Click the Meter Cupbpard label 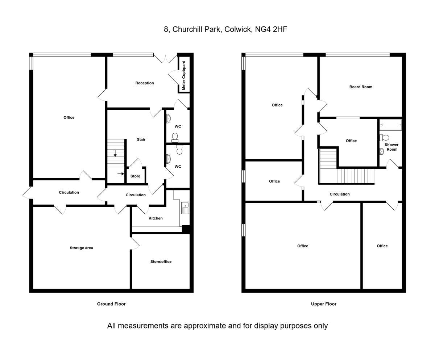click(x=183, y=75)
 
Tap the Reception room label click(x=145, y=83)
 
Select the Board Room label click(x=361, y=87)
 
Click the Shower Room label click(x=391, y=147)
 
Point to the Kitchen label click(x=156, y=218)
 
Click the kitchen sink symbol click(x=185, y=208)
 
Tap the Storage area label click(x=81, y=248)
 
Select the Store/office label click(x=161, y=262)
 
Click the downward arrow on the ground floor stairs click(x=115, y=154)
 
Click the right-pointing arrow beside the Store click(x=121, y=173)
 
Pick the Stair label click(x=141, y=139)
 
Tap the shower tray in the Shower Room click(x=391, y=125)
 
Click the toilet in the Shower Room click(x=384, y=138)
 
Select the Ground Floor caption click(x=111, y=304)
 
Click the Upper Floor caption click(x=324, y=304)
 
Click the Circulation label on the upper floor click(x=340, y=194)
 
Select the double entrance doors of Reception click(x=165, y=59)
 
